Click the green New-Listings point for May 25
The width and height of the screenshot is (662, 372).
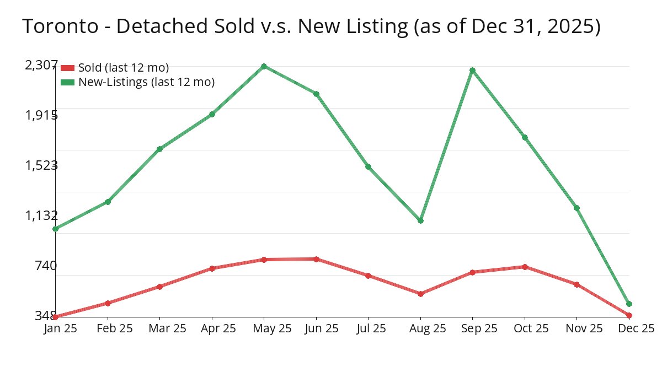click(264, 66)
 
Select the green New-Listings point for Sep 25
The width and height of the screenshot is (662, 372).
click(472, 70)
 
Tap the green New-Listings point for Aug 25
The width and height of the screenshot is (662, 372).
click(420, 220)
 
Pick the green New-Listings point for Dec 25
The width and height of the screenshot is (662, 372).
click(629, 304)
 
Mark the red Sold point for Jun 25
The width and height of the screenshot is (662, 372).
click(316, 259)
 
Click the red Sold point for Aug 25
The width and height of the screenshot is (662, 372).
click(420, 294)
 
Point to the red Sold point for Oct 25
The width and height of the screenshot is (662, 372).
click(525, 267)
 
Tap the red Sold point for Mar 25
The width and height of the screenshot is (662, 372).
click(159, 287)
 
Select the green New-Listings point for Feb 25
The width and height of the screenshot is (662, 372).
click(108, 202)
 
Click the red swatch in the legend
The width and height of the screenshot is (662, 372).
click(67, 68)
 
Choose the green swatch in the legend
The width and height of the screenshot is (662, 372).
click(67, 82)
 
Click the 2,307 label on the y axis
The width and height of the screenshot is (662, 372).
click(41, 65)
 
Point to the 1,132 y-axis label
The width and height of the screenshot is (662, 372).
click(41, 215)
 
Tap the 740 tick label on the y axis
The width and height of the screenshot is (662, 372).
click(45, 266)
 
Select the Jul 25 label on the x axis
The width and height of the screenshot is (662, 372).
click(368, 328)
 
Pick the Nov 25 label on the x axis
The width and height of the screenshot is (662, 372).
click(576, 328)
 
